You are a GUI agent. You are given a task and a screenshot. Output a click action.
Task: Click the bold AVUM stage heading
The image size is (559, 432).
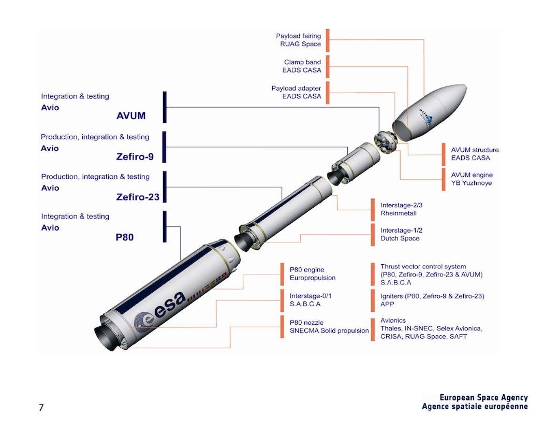131,116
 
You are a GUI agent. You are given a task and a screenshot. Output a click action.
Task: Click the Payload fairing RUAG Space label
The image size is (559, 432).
298,40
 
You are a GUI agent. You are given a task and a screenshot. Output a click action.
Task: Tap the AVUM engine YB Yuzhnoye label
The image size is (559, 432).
472,179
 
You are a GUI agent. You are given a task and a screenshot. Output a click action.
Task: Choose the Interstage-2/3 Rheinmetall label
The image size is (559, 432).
398,209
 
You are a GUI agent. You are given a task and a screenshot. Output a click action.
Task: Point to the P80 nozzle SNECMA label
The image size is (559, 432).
329,326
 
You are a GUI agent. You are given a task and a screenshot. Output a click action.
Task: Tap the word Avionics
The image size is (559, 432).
393,320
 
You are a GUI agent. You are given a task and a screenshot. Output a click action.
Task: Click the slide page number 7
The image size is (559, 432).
41,408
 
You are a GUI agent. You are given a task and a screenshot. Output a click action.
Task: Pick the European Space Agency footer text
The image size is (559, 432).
483,398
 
